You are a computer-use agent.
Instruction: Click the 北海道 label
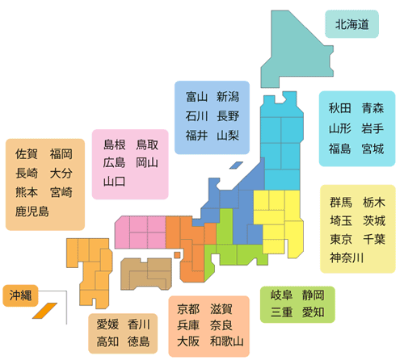[x=351, y=24]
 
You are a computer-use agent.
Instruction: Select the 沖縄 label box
[x=20, y=295]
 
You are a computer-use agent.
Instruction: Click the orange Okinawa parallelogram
[x=44, y=311]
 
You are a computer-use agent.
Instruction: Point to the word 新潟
[x=228, y=97]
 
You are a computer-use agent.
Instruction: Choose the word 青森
[x=372, y=108]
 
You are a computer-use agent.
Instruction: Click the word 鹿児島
[x=32, y=211]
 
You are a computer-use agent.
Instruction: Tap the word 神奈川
[x=347, y=257]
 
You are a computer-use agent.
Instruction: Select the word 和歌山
[x=227, y=341]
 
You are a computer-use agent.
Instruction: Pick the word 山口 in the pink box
[x=114, y=182]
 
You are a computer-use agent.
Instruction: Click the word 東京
[x=341, y=239]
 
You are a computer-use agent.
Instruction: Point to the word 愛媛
[x=107, y=324]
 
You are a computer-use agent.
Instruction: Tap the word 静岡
[x=313, y=295]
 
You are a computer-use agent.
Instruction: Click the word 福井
[x=196, y=136]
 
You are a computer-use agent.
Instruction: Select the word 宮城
[x=372, y=149]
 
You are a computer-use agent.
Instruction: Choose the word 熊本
[x=27, y=192]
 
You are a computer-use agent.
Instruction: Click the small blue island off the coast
[x=236, y=165]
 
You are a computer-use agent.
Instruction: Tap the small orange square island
[x=177, y=255]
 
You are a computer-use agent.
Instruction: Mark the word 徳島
[x=138, y=341]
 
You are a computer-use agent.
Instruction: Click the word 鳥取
[x=147, y=144]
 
